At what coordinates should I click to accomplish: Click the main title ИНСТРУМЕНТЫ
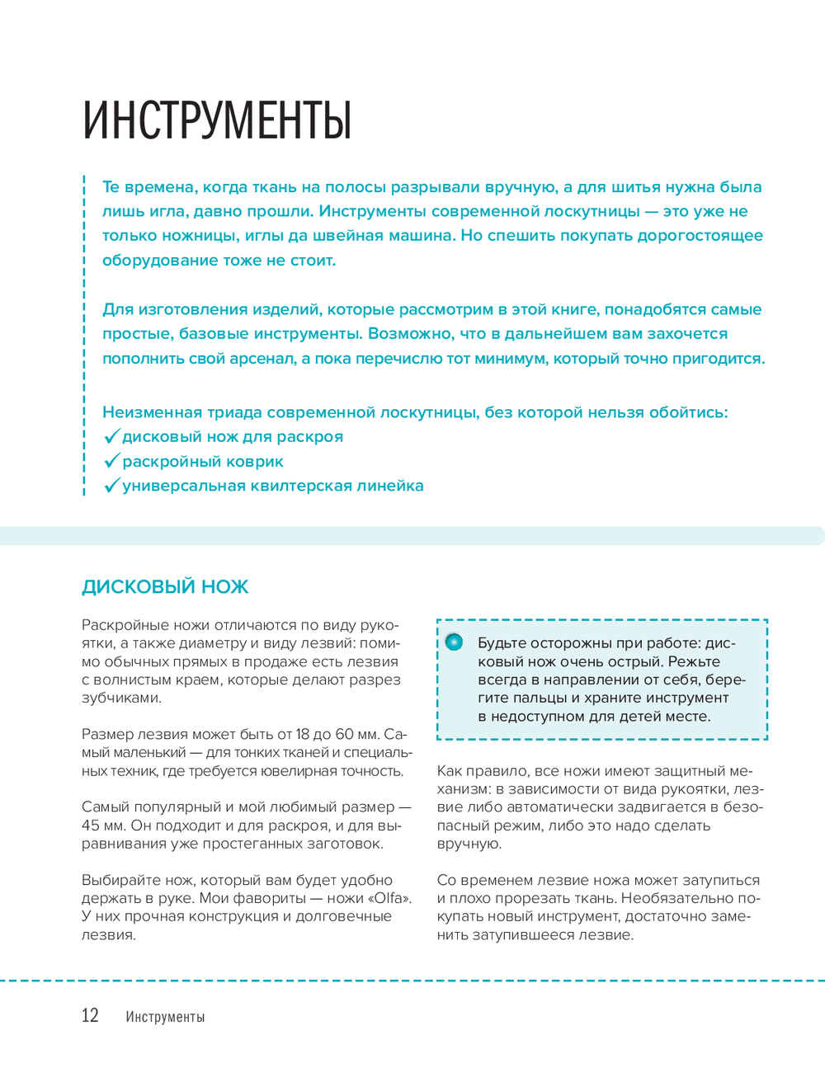tap(218, 121)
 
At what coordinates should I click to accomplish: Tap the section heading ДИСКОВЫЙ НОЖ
tap(165, 587)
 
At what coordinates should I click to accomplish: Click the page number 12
tap(90, 1016)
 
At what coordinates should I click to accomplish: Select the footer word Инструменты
tap(165, 1017)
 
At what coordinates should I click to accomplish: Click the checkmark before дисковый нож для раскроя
tap(112, 436)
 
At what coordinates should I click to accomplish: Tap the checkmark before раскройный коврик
tap(112, 461)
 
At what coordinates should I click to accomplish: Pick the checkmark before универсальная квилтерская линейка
tap(112, 486)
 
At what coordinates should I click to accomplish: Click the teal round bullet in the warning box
tap(455, 642)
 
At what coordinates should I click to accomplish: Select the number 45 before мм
tap(91, 826)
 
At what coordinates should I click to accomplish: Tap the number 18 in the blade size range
tap(303, 734)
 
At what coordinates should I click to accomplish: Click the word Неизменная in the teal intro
tap(152, 412)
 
